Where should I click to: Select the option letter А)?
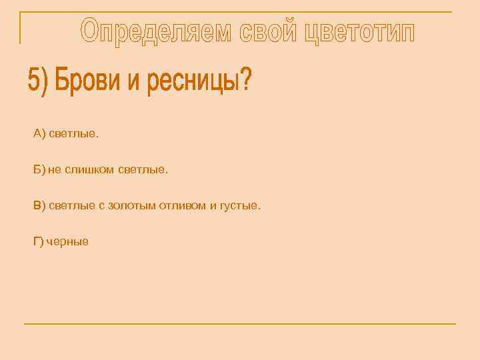[x=39, y=134]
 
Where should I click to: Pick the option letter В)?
[x=39, y=206]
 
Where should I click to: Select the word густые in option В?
[x=241, y=206]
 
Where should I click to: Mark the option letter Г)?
[x=38, y=242]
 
